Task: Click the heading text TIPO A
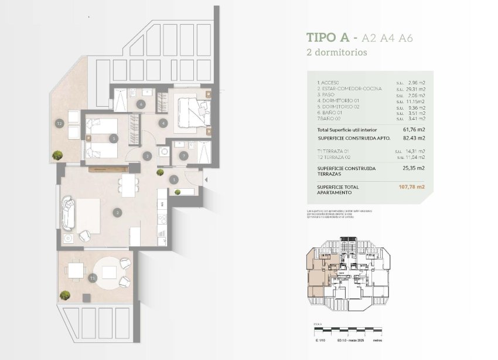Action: (328, 38)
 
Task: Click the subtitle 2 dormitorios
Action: (337, 52)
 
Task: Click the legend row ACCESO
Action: (328, 83)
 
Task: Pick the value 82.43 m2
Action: (414, 138)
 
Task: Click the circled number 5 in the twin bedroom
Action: (115, 138)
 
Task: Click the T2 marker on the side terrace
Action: (59, 124)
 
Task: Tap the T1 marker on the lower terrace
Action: (93, 278)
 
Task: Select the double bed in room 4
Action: (192, 110)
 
